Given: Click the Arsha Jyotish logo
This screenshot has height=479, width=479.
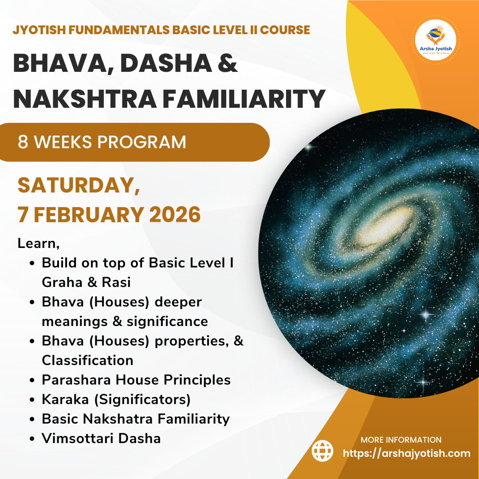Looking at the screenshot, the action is coord(436,40).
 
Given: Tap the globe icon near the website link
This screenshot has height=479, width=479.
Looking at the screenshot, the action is coord(322,451).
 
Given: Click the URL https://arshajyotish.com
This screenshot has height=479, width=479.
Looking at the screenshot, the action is coord(407,453).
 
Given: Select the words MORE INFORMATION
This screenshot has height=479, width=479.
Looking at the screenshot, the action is coord(401,440).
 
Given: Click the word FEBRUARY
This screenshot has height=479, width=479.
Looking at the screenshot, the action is coord(89,215).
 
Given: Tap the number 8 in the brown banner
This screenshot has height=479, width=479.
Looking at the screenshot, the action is coord(23,142).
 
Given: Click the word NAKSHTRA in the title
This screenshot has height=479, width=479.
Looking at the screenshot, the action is coord(85,98).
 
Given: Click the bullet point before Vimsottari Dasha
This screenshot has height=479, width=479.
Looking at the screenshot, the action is coord(32,439).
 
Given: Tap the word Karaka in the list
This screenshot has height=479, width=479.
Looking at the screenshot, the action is coord(65,399).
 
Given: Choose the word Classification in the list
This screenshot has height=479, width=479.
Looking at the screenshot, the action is coord(87,361).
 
